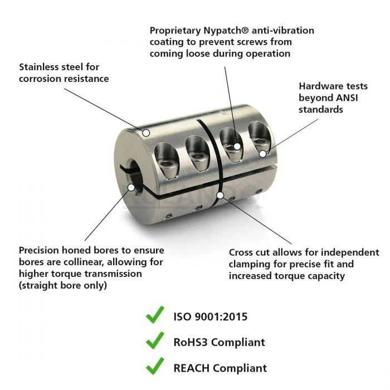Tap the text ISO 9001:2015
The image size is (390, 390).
tap(211, 317)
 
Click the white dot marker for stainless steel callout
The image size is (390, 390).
tap(146, 133)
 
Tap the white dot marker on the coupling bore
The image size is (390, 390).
tap(131, 188)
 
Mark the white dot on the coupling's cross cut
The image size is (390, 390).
tap(221, 196)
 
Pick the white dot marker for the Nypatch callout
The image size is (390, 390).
tap(237, 147)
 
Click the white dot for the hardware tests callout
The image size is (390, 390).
tap(262, 153)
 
